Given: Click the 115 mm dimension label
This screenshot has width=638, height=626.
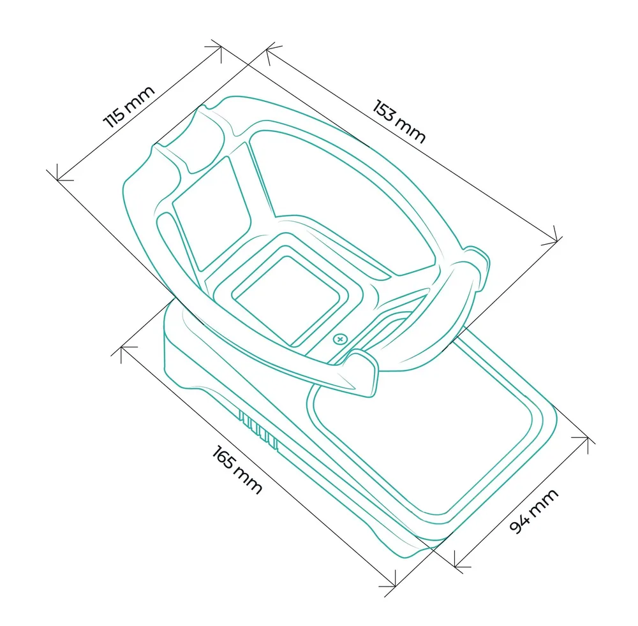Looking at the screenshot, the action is (129, 107).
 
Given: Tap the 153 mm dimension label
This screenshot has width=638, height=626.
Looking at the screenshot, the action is (399, 120).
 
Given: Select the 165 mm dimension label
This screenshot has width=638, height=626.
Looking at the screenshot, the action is (237, 469).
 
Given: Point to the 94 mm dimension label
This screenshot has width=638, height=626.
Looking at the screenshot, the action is (534, 511).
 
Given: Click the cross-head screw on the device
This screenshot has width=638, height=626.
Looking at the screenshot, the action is (340, 339).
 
